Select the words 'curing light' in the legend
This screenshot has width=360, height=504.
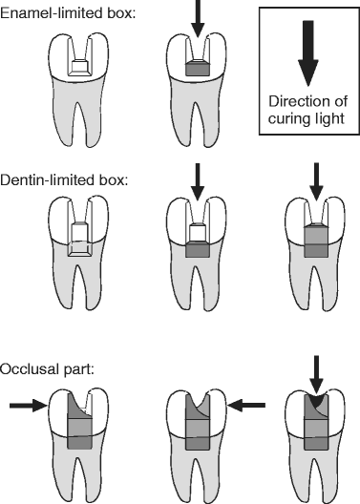tap(307, 119)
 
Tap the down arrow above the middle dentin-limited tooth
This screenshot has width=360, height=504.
tap(197, 180)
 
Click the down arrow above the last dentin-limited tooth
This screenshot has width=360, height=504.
tap(313, 181)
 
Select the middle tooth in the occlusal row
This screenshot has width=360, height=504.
tap(197, 449)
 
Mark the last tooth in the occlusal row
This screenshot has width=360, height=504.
tap(313, 449)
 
